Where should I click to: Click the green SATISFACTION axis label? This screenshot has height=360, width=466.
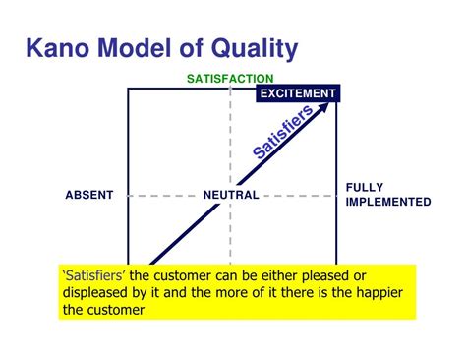coord(230,79)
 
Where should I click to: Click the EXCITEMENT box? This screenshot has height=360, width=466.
coord(298,93)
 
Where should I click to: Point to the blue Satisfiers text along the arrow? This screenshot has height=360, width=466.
coord(283,133)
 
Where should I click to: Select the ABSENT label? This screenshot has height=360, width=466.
coord(89,195)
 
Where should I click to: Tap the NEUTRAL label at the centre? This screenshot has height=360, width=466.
coord(231,195)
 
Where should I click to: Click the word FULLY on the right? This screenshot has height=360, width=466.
coord(365,187)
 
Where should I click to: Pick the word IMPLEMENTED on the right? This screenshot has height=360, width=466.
coord(388,202)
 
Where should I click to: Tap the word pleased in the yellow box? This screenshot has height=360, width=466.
coord(337,273)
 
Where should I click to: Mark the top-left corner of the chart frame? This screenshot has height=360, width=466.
coord(129,89)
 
